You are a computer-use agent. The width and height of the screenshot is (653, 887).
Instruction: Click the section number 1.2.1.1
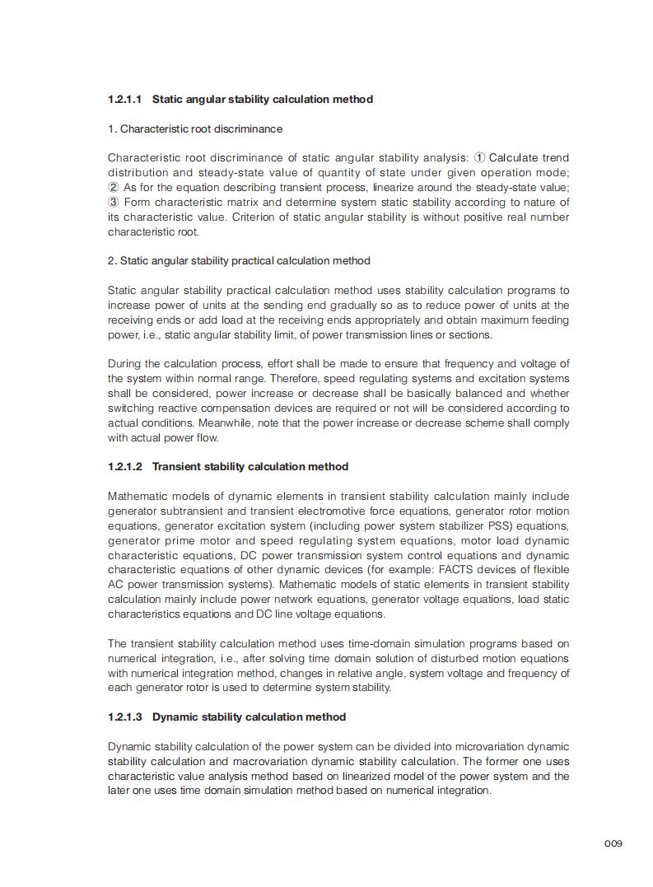[x=125, y=100]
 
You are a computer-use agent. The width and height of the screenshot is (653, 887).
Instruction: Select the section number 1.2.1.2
[x=125, y=467]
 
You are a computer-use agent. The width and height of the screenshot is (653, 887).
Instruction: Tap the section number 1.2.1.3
[x=125, y=717]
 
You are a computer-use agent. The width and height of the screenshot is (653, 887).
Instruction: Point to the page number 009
[x=613, y=843]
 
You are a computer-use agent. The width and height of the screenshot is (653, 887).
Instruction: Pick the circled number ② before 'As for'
[x=113, y=188]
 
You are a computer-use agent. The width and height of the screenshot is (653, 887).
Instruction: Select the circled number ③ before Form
[x=113, y=203]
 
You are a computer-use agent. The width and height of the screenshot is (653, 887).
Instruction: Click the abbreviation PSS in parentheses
[x=488, y=526]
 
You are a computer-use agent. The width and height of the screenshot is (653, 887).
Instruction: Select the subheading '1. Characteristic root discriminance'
[x=195, y=129]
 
